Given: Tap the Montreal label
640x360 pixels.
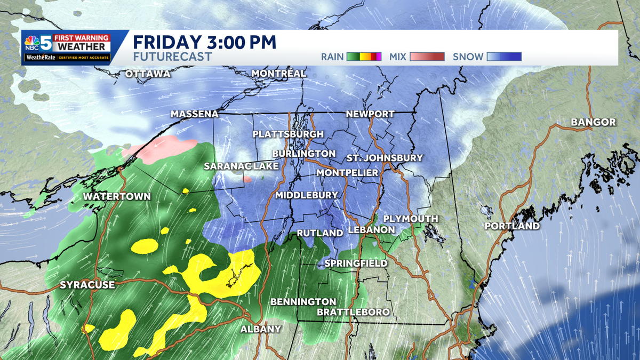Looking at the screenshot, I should click(278, 73).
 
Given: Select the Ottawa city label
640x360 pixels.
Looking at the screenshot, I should click(148, 74).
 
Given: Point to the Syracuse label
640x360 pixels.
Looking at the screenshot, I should click(87, 285).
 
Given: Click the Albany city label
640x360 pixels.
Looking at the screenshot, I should click(260, 329).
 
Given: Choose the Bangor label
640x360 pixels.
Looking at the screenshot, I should click(593, 122).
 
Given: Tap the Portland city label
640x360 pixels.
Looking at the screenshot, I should click(511, 226).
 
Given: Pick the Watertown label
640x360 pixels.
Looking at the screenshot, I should click(117, 197).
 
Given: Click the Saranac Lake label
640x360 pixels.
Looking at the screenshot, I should click(241, 166).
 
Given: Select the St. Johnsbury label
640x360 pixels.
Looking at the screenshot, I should click(377, 158).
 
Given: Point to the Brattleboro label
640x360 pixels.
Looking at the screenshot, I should click(353, 312).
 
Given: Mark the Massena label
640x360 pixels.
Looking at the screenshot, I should click(195, 114).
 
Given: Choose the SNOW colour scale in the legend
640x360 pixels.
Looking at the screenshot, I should click(503, 57).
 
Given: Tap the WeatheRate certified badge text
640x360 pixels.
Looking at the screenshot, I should click(66, 58).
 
